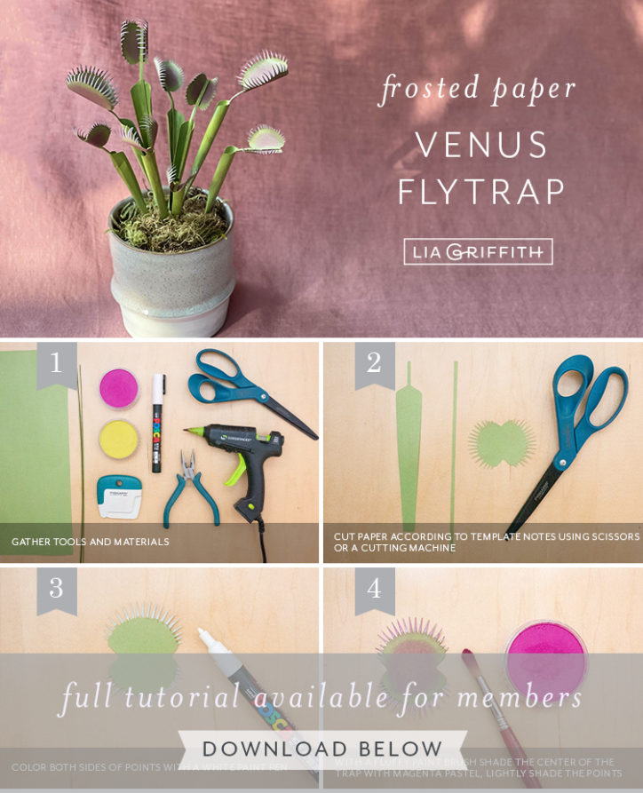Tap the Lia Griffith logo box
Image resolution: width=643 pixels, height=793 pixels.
478,251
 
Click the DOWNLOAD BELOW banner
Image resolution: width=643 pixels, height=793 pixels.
321,749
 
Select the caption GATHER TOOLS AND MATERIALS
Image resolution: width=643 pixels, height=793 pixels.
90,542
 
